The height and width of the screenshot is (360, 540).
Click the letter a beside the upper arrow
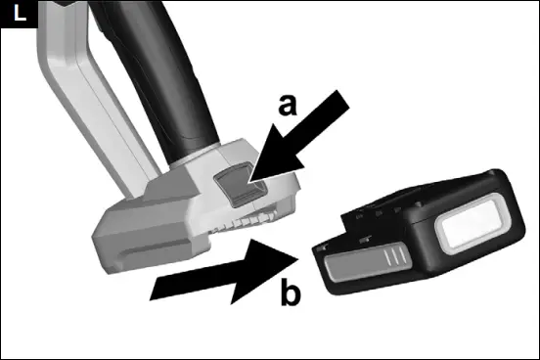coord(287,103)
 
